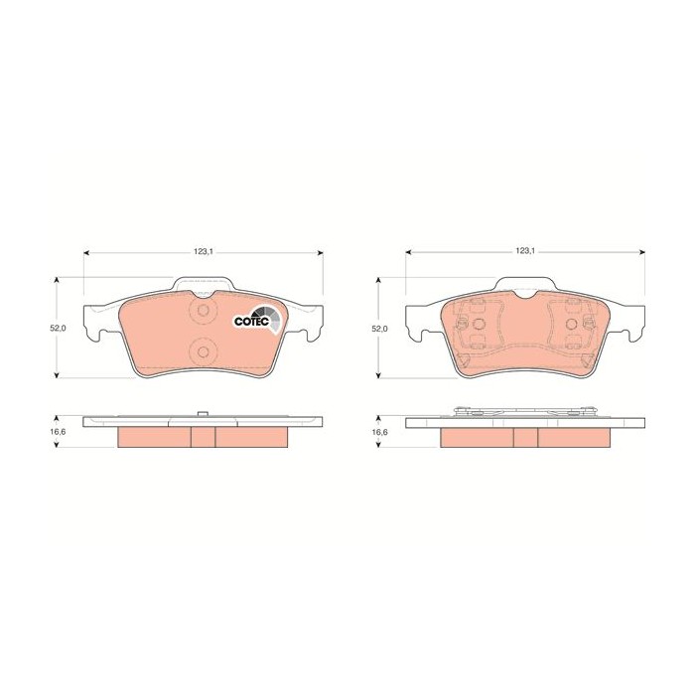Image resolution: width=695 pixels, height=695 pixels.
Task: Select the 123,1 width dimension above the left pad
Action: [x=203, y=251]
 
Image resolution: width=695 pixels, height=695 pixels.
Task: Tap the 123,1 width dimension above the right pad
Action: [x=525, y=251]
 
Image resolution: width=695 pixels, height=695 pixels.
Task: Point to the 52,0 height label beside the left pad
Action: [x=58, y=328]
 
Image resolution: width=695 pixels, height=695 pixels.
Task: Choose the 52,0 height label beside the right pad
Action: [x=379, y=329]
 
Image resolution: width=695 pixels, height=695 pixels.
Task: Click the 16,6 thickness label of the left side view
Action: [x=58, y=431]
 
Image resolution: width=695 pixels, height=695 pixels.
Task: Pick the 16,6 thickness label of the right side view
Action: [x=379, y=432]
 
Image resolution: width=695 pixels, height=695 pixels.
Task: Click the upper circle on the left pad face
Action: [x=203, y=310]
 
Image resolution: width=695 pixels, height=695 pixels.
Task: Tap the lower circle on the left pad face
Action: [x=203, y=351]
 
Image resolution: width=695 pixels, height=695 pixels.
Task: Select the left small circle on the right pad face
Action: [x=479, y=324]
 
